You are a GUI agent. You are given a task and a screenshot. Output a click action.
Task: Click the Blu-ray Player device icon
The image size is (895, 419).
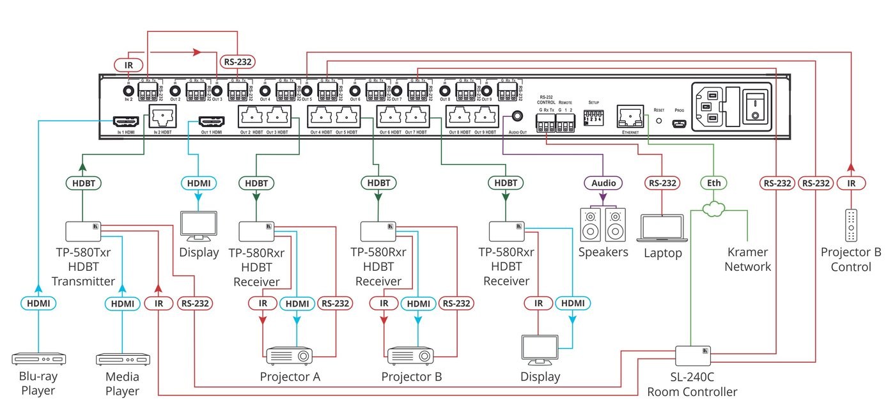tap(38, 359)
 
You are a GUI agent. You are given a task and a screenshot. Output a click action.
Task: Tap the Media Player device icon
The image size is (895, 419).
tap(122, 359)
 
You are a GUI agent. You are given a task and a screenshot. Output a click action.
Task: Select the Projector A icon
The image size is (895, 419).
tap(289, 355)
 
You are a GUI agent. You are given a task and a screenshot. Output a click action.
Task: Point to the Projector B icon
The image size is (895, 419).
tap(410, 355)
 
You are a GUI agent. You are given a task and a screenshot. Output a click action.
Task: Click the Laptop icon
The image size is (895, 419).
tap(662, 229)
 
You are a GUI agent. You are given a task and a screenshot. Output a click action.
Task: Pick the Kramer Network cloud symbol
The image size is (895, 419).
tap(714, 208)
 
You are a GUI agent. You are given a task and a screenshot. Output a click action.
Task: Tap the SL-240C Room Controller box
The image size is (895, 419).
tap(694, 354)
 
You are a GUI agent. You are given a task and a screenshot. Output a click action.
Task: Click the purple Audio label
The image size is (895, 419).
tap(603, 183)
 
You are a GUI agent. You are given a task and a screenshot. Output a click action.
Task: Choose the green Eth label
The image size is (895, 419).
tap(714, 183)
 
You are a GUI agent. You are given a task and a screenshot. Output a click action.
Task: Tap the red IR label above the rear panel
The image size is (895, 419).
tap(128, 64)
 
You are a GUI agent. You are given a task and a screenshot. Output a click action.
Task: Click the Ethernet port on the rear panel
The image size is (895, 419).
tap(630, 118)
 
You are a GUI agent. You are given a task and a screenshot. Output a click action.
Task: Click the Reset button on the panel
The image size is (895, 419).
tap(658, 119)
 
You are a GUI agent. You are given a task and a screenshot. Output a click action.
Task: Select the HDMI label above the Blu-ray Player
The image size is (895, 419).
tap(38, 303)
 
